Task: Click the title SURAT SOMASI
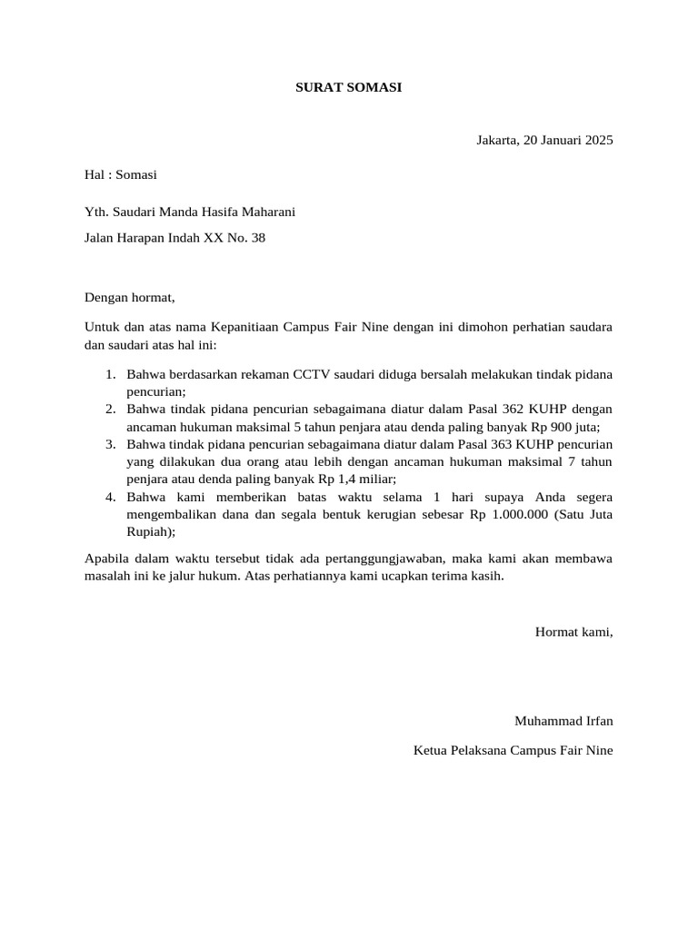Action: coord(348,88)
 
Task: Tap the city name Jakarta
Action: coord(497,140)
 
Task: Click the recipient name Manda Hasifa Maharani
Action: coord(227,213)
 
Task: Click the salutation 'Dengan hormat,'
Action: coord(129,297)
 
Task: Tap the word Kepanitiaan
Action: coord(244,325)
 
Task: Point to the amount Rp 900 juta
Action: coord(565,427)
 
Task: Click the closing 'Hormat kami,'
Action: coord(573,631)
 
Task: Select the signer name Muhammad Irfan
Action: coord(563,721)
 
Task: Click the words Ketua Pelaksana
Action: coord(460,750)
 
